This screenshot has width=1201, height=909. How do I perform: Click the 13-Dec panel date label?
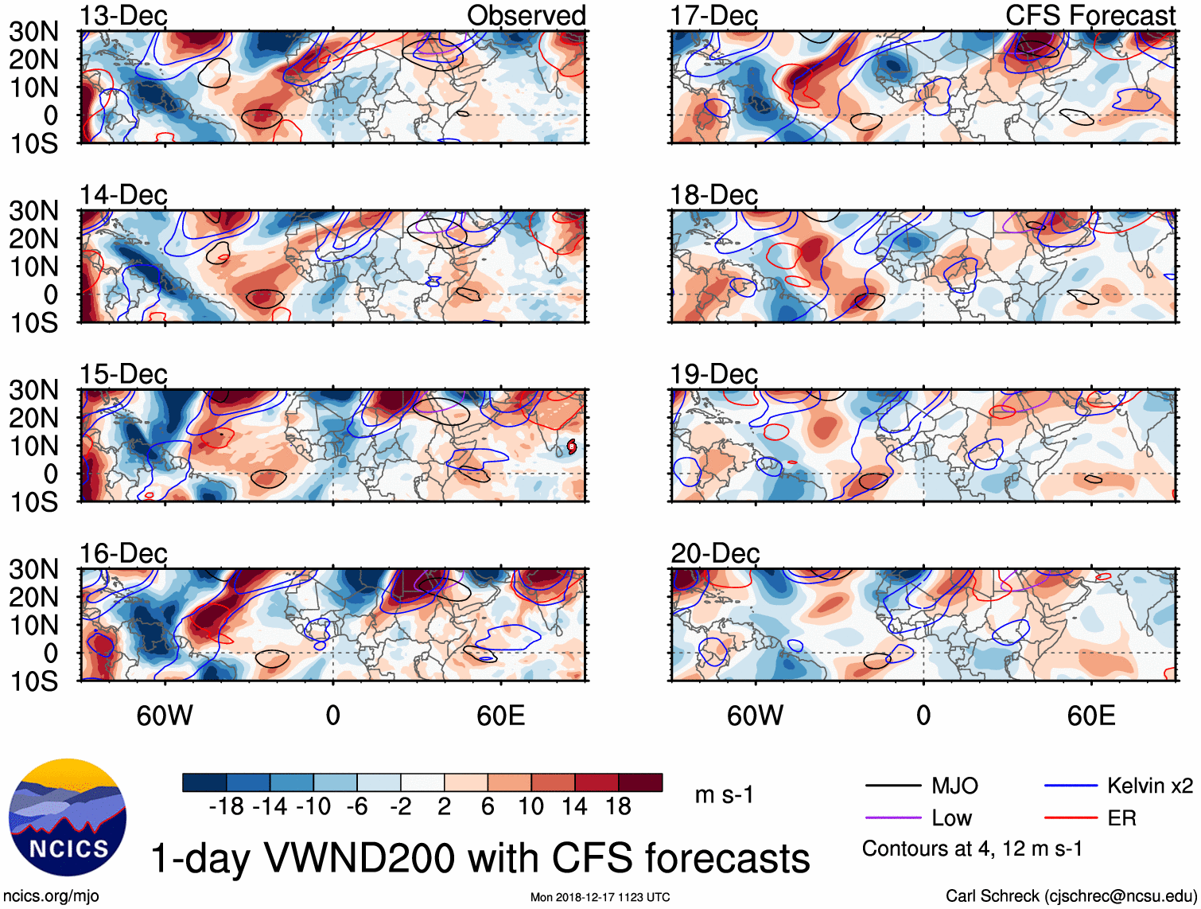(x=123, y=16)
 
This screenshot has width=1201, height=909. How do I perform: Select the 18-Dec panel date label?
(x=713, y=195)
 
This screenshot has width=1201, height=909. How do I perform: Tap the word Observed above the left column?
(x=526, y=15)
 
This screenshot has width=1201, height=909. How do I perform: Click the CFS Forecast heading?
(x=1090, y=15)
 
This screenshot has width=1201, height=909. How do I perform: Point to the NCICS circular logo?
(x=68, y=817)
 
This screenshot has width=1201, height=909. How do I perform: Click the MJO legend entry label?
(x=954, y=786)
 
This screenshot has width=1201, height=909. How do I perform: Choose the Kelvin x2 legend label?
(x=1149, y=786)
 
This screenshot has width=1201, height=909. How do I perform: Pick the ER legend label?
(x=1121, y=818)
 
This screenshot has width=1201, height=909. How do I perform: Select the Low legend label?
(x=951, y=818)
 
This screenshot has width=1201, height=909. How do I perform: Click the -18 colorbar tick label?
(x=227, y=807)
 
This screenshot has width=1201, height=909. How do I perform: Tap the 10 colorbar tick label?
(x=531, y=807)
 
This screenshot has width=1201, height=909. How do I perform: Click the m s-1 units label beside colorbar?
(x=724, y=795)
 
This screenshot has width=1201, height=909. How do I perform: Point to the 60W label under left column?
(x=165, y=716)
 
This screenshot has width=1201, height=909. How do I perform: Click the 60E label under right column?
(x=1090, y=716)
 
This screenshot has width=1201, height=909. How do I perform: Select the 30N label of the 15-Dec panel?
(x=33, y=390)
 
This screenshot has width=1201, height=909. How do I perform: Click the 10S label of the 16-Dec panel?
(x=33, y=681)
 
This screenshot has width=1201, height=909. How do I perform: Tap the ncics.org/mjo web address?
(x=51, y=896)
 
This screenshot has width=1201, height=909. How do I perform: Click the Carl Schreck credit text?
(x=1071, y=896)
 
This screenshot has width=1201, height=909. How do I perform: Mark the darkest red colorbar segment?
(x=640, y=782)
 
